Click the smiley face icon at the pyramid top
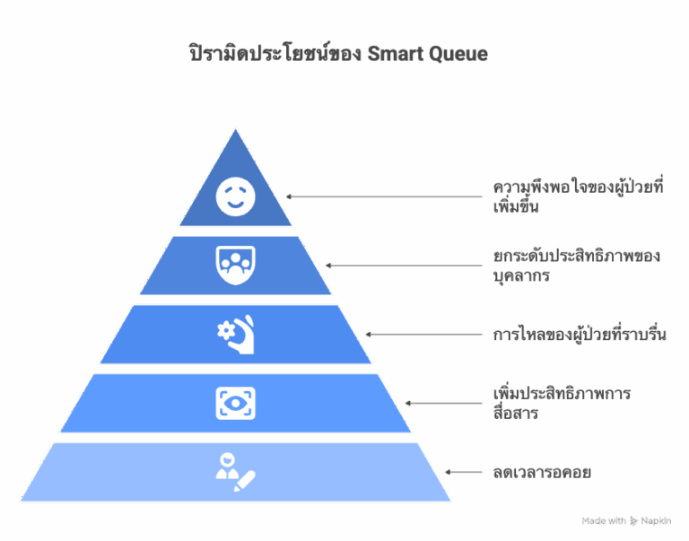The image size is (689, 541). pyautogui.click(x=236, y=196)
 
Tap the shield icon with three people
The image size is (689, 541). pyautogui.click(x=236, y=266)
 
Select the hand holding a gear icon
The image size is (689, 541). pyautogui.click(x=236, y=334)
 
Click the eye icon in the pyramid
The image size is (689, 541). pyautogui.click(x=236, y=403)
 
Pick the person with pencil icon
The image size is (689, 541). pyautogui.click(x=236, y=472)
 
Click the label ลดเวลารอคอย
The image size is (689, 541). pyautogui.click(x=542, y=473)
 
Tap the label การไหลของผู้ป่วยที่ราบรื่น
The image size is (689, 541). pyautogui.click(x=580, y=334)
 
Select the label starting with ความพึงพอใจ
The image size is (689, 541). pyautogui.click(x=578, y=196)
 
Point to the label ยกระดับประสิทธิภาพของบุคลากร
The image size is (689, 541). pyautogui.click(x=577, y=266)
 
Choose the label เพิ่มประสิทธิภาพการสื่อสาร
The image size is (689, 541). pyautogui.click(x=562, y=403)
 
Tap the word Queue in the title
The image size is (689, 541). pyautogui.click(x=458, y=55)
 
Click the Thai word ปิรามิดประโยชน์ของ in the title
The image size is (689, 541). pyautogui.click(x=275, y=54)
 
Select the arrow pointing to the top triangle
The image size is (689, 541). pyautogui.click(x=385, y=196)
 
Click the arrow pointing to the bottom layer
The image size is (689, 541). pyautogui.click(x=464, y=472)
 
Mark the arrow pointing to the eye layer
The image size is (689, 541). pyautogui.click(x=444, y=403)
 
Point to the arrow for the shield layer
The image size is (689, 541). pyautogui.click(x=405, y=266)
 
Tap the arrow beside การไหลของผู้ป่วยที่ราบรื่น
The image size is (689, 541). pyautogui.click(x=424, y=334)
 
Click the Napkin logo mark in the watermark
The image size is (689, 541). pyautogui.click(x=633, y=521)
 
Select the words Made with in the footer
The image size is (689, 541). pyautogui.click(x=604, y=520)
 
